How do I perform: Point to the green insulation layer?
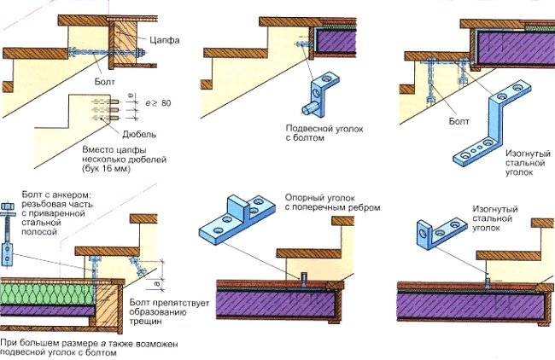43,293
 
